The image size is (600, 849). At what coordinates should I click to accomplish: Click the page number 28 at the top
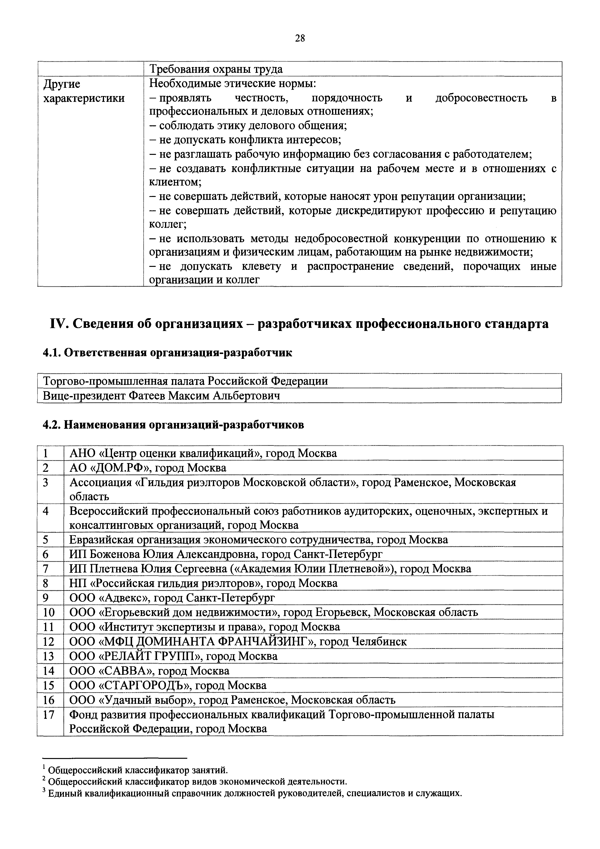coord(300,38)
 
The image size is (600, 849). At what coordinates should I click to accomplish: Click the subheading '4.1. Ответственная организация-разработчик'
coord(167,353)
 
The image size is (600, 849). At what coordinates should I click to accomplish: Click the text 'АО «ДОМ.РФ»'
coord(111,468)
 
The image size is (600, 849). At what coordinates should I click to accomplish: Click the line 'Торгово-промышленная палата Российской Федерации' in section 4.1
coord(186,381)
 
